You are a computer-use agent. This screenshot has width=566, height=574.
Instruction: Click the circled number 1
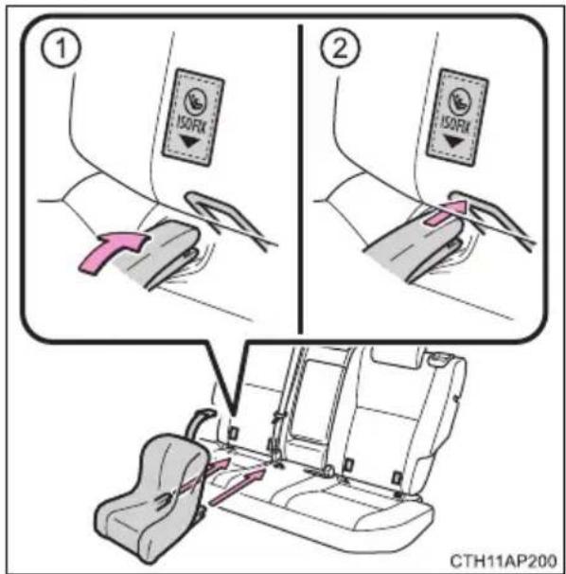click(x=62, y=49)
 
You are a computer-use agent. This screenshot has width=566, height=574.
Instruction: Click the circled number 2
click(x=340, y=48)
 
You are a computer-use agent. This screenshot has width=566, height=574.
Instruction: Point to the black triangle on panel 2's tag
click(x=453, y=142)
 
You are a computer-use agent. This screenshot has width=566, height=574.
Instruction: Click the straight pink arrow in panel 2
click(x=446, y=213)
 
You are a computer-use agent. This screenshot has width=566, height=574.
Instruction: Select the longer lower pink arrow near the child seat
click(x=237, y=488)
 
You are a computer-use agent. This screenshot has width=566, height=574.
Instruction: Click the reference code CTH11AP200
click(x=504, y=561)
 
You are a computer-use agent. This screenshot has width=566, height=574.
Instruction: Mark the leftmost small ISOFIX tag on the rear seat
click(x=232, y=433)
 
